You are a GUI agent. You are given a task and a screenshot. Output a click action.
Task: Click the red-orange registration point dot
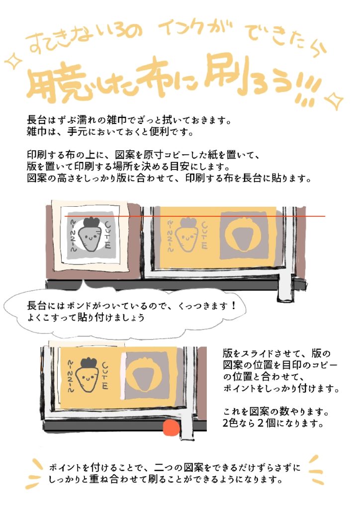click(x=171, y=427)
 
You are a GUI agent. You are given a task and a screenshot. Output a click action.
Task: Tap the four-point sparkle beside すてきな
click(x=13, y=61)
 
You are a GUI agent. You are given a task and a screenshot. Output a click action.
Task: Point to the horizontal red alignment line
click(x=195, y=216)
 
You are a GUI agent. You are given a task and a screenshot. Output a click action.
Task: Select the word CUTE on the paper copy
click(x=108, y=235)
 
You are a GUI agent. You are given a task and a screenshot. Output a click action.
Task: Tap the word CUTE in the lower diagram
click(x=105, y=376)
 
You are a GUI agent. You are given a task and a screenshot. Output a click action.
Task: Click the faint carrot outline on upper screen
click(x=186, y=235)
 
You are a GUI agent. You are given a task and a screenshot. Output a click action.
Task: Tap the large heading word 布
click(x=153, y=79)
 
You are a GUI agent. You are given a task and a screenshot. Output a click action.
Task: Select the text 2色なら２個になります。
click(x=273, y=423)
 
